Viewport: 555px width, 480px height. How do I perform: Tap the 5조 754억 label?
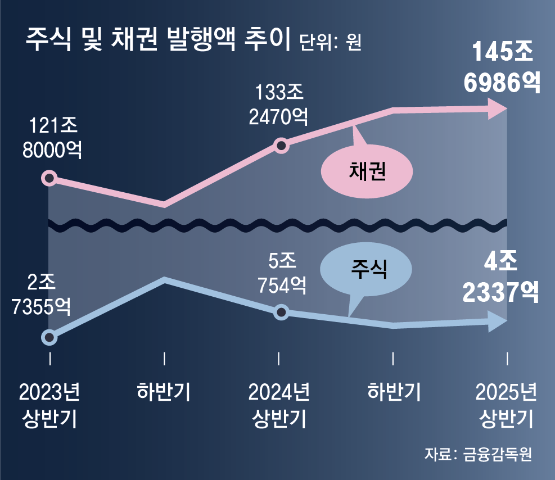(x=282, y=273)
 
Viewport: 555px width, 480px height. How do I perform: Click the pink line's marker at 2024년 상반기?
(x=282, y=146)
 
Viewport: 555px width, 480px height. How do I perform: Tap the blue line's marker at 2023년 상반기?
(x=49, y=337)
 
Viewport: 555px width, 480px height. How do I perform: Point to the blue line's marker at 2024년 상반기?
(x=282, y=312)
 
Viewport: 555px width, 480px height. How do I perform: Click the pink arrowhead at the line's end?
(x=498, y=108)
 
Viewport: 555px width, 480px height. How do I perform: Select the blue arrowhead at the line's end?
(x=498, y=322)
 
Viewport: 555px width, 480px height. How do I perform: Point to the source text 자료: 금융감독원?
(x=477, y=454)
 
